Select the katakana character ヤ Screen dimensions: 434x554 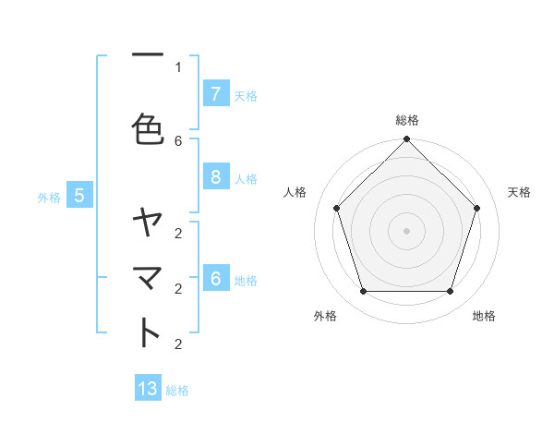148,222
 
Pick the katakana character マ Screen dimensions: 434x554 148,277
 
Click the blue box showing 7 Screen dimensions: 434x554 215,93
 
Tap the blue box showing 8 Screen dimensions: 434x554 215,177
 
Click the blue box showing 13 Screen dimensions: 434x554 148,389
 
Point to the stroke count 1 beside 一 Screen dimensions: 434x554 178,66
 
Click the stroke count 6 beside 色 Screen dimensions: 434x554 178,140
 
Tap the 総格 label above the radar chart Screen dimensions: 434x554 407,120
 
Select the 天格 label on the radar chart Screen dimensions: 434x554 519,192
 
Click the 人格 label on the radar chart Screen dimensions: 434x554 295,192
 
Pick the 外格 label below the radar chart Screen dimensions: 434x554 325,316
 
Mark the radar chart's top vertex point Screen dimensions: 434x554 406,139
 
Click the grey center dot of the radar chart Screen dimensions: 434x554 406,230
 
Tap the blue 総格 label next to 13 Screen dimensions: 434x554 177,391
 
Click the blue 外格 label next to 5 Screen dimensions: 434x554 49,197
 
